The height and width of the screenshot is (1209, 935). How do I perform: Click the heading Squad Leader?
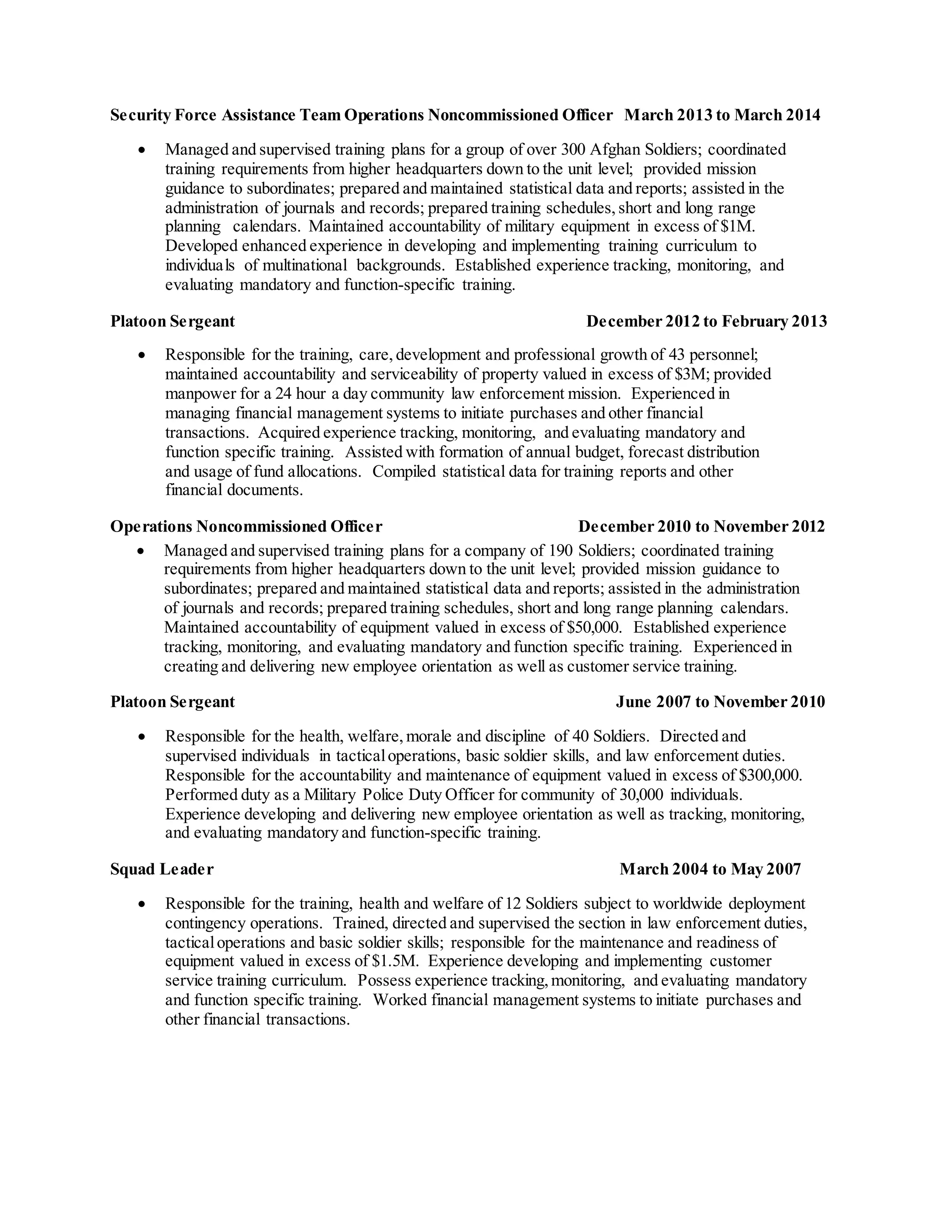(161, 869)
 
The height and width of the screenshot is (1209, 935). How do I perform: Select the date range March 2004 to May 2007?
(710, 869)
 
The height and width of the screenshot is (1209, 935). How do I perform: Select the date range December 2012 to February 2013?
(706, 321)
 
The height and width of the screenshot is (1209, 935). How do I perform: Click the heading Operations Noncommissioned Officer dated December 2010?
(246, 526)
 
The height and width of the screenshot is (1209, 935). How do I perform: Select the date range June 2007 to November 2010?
(720, 702)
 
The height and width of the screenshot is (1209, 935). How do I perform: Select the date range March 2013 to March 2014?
(722, 115)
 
